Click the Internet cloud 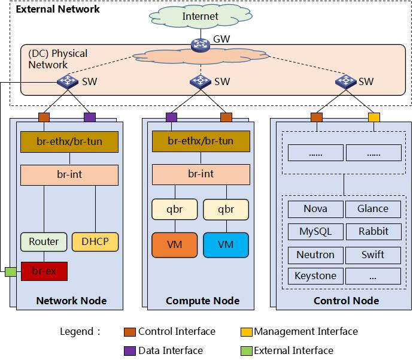200,17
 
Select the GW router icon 199,44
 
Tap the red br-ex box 44,271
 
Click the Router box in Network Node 44,241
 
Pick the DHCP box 95,241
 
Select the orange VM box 175,245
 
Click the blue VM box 226,245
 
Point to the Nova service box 315,209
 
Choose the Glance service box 373,209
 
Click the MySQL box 315,232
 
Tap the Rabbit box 373,232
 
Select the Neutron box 315,255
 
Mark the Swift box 373,255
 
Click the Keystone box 315,276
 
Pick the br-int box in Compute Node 201,174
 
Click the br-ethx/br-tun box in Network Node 69,142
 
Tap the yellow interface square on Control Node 374,117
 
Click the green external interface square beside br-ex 10,272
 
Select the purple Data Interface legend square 129,351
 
